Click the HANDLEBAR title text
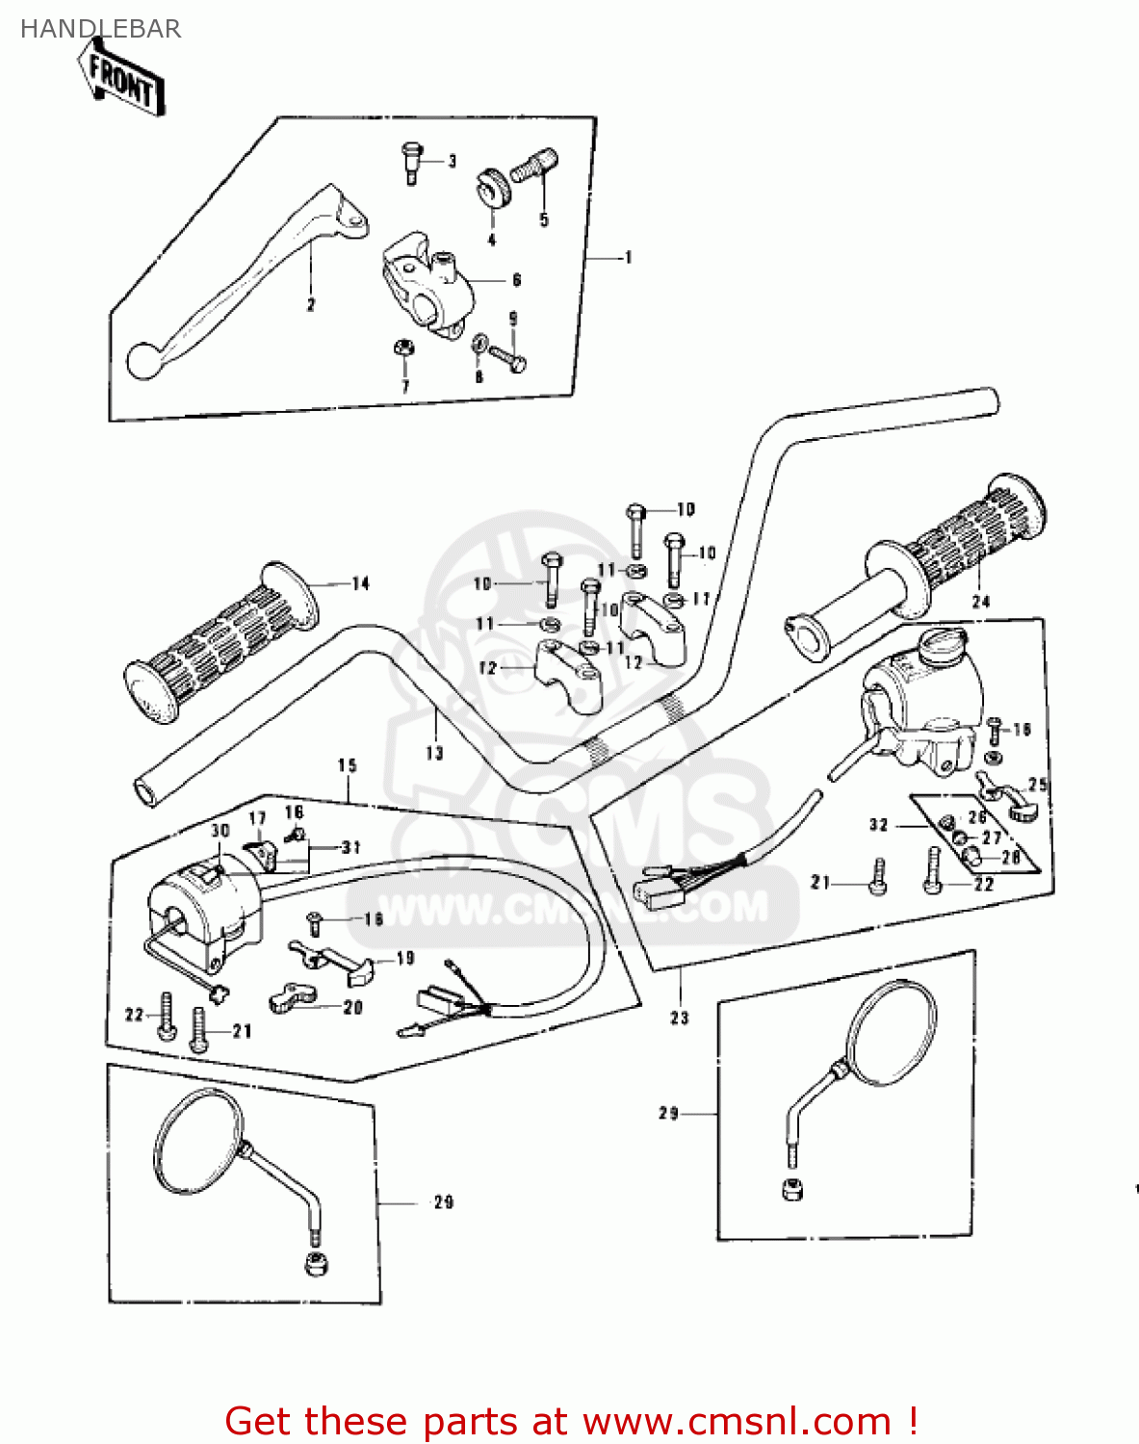tap(100, 29)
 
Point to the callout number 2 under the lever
tap(310, 305)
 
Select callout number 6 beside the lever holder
tap(517, 280)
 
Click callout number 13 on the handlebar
tap(434, 753)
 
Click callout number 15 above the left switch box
tap(348, 765)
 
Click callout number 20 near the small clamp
tap(353, 1007)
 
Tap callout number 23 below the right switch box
tap(680, 1018)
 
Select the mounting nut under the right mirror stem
tap(791, 1189)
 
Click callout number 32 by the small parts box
tap(878, 825)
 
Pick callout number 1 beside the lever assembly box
tap(629, 257)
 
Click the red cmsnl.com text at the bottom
tap(571, 1421)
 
